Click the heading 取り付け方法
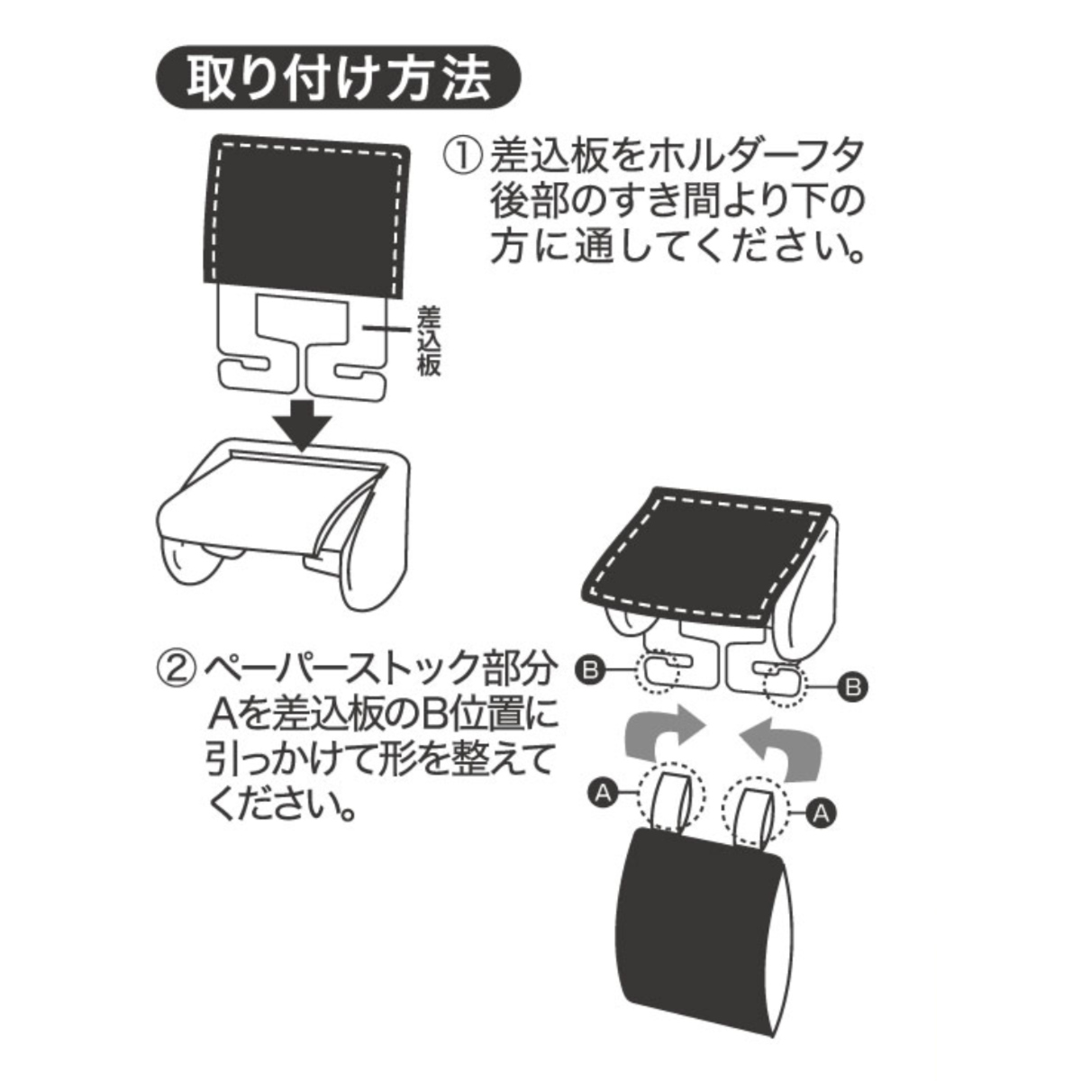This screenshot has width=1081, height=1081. point(339,78)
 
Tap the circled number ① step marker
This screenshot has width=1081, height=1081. point(463,158)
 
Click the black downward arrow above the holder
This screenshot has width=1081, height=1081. point(304,424)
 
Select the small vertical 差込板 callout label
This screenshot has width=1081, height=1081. point(428,340)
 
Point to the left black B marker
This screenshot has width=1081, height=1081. point(589,670)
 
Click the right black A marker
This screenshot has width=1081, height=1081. point(820,813)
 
